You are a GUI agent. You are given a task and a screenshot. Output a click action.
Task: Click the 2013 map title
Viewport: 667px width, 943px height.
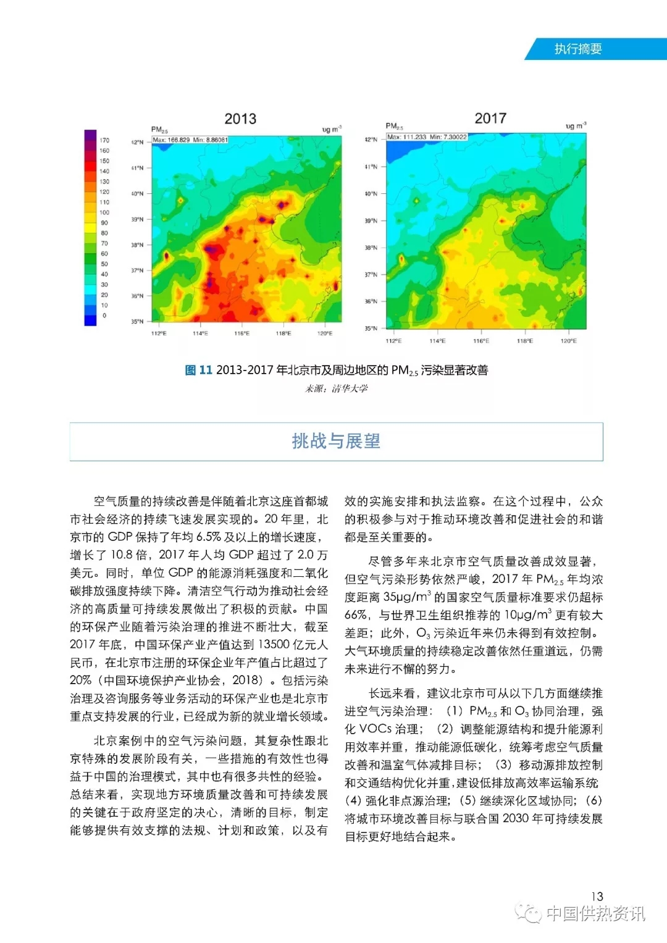point(240,119)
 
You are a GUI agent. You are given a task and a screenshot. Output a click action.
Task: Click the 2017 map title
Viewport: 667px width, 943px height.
point(490,118)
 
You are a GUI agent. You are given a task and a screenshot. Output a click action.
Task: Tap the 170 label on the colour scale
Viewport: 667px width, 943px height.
point(104,140)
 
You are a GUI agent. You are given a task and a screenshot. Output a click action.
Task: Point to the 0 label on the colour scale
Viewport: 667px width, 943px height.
point(104,316)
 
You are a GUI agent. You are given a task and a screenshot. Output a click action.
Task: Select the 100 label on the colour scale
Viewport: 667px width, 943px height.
point(104,212)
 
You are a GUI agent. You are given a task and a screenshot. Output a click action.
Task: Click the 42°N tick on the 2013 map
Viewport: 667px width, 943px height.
point(137,142)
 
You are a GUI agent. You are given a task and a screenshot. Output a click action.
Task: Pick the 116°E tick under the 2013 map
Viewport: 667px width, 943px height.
point(241,333)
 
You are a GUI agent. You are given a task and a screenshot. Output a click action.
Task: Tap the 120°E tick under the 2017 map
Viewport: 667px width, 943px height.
point(568,341)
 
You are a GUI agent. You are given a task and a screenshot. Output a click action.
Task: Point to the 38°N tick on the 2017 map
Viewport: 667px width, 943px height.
point(371,248)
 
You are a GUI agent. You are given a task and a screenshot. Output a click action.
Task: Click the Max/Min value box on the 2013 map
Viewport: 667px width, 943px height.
point(190,140)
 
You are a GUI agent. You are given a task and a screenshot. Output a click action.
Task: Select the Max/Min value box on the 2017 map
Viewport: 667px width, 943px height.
point(427,136)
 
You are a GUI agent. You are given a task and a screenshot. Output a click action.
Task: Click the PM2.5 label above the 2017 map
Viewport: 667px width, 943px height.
point(394,126)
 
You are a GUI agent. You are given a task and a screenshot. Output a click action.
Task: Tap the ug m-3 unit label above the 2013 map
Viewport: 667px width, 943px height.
point(332,129)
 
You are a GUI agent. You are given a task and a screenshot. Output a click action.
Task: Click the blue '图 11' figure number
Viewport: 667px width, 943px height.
point(198,370)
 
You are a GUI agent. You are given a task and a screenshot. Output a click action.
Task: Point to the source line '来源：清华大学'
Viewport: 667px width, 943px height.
point(337,388)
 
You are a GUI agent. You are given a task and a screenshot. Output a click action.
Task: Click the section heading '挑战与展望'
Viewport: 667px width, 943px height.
point(336,441)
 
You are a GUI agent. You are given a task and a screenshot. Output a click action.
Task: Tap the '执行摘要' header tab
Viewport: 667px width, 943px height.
point(577,49)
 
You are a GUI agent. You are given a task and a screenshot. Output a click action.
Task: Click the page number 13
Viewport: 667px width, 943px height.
point(597,896)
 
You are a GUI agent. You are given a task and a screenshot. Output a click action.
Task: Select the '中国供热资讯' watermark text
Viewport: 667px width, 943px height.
point(595,913)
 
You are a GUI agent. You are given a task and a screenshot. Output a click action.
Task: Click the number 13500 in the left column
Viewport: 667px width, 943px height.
point(274,644)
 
